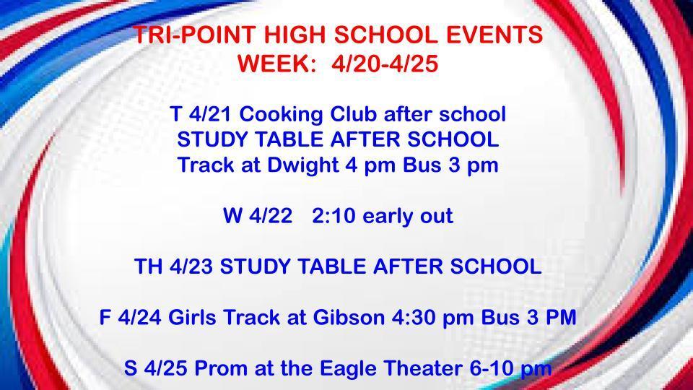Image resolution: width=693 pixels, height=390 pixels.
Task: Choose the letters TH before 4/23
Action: pos(149,266)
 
